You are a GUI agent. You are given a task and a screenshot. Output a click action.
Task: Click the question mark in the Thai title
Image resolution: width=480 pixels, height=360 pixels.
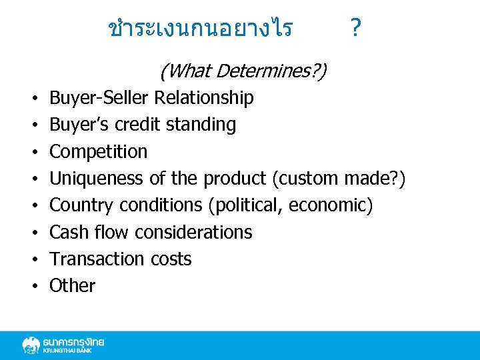355,28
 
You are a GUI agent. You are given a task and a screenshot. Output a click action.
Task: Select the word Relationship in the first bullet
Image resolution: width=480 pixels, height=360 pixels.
204,98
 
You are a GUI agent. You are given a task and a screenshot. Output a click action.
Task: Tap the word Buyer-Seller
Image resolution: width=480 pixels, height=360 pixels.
99,98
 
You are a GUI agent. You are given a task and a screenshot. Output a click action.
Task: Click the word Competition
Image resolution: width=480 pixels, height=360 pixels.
99,151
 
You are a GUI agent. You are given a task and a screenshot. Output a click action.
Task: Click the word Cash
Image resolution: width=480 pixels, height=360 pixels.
69,232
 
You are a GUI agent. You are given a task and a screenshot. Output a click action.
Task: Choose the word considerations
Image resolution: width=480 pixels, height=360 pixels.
193,232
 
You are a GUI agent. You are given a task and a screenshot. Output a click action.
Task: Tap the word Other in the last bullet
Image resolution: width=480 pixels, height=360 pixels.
73,285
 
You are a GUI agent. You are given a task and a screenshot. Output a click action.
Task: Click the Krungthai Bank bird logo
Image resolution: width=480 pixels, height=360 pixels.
31,345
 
